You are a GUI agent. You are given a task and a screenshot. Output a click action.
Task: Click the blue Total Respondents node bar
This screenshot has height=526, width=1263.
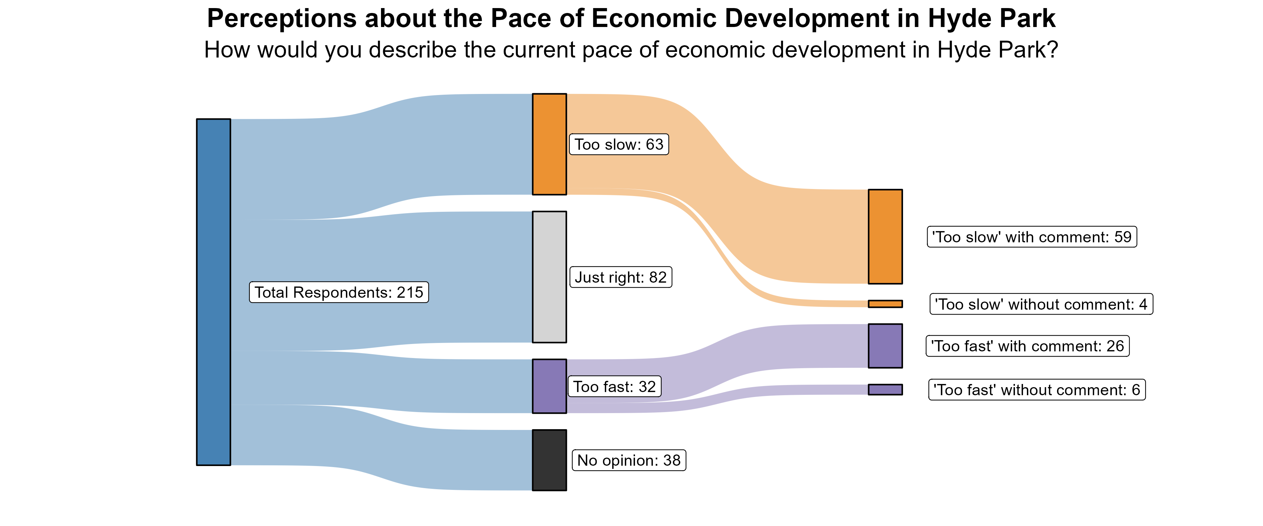(x=213, y=292)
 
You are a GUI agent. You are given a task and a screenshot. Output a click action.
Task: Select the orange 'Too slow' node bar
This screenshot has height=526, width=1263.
(x=549, y=144)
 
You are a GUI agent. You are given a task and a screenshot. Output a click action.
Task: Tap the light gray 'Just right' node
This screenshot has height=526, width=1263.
(x=549, y=277)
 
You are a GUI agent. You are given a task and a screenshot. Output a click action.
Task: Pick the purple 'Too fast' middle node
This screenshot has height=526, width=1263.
(x=549, y=386)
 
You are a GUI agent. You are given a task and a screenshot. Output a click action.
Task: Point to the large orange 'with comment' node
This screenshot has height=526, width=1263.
(x=885, y=236)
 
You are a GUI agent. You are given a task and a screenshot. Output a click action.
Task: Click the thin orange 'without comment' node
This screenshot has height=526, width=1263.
(x=885, y=304)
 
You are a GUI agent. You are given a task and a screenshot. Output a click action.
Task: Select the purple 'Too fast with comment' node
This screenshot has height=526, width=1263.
(x=885, y=346)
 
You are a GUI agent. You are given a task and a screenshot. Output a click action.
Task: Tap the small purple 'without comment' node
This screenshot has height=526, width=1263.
(x=885, y=389)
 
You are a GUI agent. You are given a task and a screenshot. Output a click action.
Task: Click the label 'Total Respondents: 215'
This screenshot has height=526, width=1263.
(x=339, y=292)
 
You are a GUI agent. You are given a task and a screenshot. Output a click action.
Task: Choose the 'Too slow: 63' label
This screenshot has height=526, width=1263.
(x=619, y=144)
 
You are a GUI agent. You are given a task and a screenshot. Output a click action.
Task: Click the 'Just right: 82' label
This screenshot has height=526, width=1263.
(x=620, y=277)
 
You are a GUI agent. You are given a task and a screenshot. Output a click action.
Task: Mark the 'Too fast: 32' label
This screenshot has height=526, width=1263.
(x=614, y=387)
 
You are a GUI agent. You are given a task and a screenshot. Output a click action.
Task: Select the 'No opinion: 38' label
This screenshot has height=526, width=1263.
(x=629, y=460)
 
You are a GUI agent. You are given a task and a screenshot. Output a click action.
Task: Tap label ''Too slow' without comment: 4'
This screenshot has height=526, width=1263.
(x=1041, y=304)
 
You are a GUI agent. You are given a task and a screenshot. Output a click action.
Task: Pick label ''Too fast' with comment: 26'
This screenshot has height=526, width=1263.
(x=1027, y=346)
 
